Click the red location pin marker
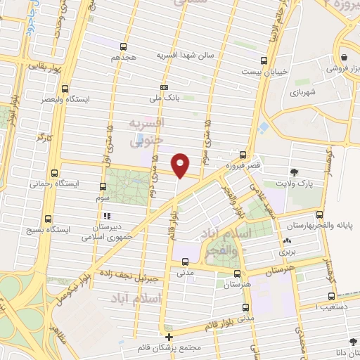(x=181, y=165)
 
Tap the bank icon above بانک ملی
(x=164, y=87)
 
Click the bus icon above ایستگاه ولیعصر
(x=65, y=89)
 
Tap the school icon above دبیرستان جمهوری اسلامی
(x=107, y=216)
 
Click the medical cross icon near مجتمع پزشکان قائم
(x=168, y=337)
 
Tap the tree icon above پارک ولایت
(x=294, y=171)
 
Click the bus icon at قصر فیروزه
(x=243, y=155)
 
